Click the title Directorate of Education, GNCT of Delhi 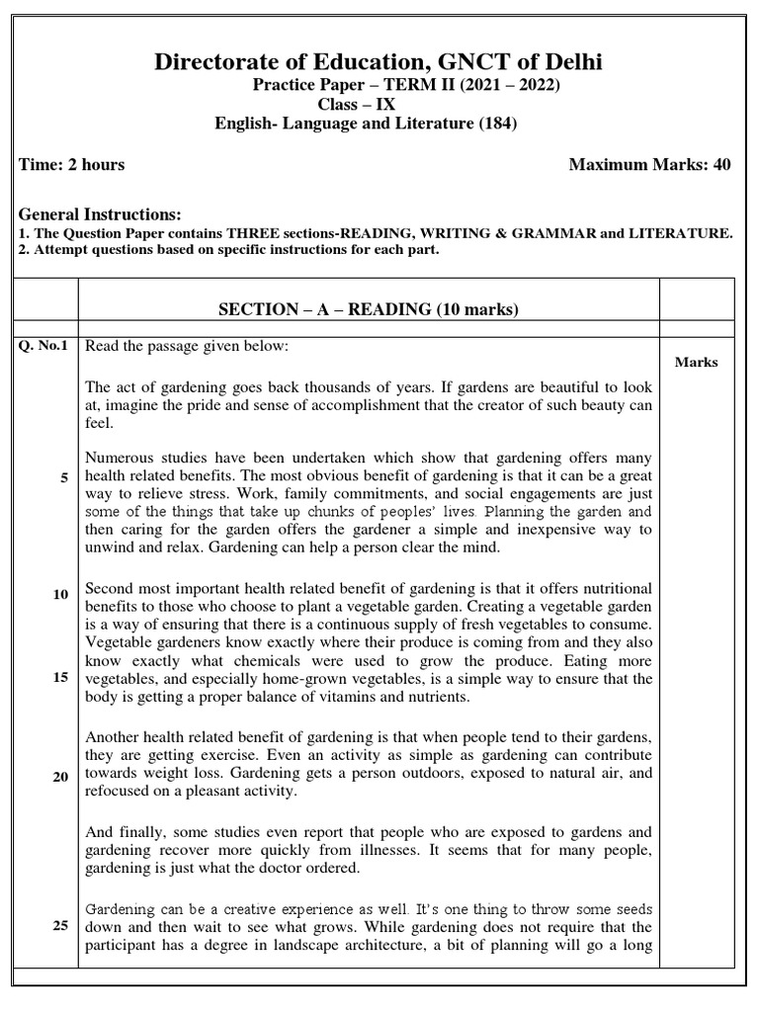(379, 63)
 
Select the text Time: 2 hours (72, 164)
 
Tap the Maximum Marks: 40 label (649, 164)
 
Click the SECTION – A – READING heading (368, 310)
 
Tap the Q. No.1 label (43, 345)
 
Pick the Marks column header (696, 362)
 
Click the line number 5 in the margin (64, 478)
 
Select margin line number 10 (61, 594)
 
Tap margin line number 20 (61, 777)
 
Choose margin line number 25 (61, 926)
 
